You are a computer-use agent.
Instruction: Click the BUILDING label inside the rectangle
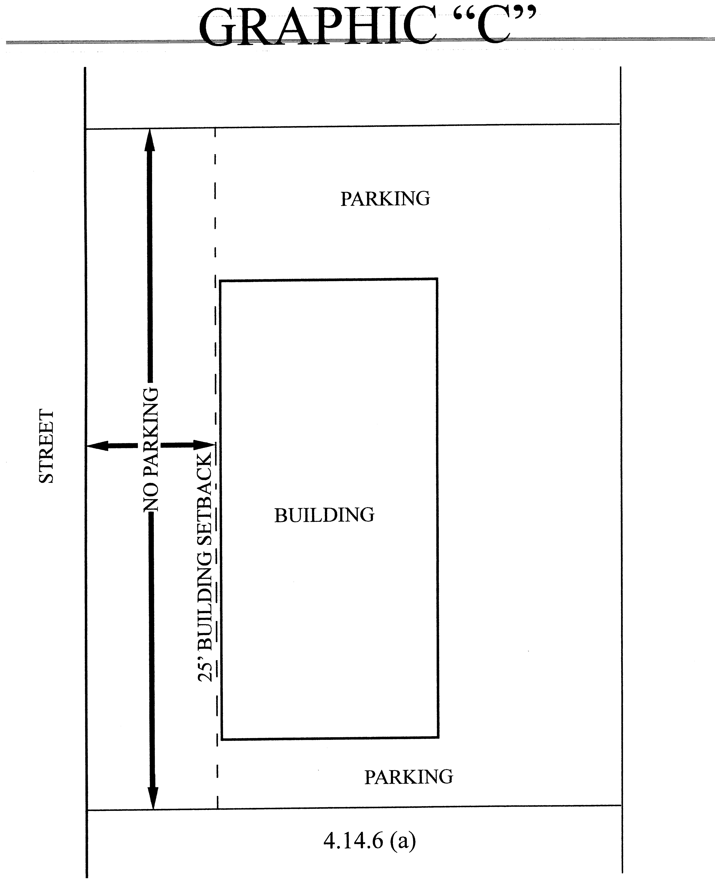tap(324, 515)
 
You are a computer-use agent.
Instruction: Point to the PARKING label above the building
tap(385, 199)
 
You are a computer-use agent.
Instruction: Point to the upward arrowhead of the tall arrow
tap(149, 140)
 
